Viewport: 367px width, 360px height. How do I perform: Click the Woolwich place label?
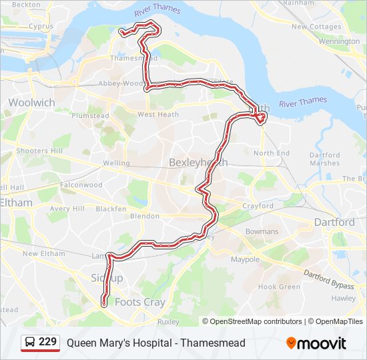31,103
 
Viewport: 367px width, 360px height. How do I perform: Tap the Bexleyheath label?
198,162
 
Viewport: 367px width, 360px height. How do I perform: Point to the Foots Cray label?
140,302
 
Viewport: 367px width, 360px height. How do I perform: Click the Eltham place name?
16,202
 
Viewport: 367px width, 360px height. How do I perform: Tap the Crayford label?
258,206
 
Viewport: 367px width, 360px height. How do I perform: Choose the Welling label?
117,163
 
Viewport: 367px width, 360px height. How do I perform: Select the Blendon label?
145,216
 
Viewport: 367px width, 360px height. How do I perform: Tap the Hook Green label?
279,287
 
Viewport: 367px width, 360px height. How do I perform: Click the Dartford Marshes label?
324,159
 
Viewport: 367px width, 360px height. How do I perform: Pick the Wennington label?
339,41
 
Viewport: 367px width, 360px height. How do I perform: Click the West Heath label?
158,115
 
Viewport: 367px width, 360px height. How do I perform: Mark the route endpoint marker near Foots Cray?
104,303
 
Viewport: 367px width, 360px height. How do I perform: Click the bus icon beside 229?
31,343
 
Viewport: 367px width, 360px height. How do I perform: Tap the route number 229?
48,343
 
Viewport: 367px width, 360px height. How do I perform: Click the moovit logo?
316,343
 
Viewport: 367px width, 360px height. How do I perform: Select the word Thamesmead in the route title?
214,343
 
